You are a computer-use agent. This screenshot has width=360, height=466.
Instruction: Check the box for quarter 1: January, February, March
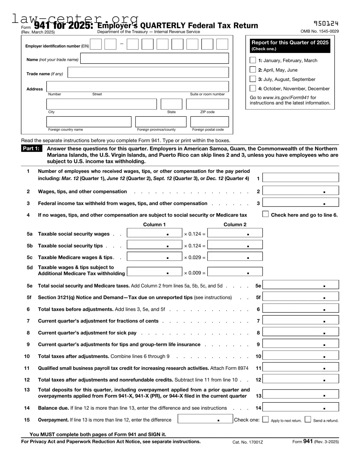[253, 60]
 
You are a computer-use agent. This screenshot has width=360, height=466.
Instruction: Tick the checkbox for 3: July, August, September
[253, 79]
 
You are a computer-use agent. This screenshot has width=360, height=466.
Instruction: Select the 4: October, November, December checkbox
[253, 88]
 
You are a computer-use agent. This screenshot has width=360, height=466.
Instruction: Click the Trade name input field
[148, 73]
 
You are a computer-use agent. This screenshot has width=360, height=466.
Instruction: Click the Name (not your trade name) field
[154, 58]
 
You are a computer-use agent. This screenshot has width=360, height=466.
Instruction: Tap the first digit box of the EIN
[96, 44]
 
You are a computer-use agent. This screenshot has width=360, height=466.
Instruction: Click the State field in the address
[171, 104]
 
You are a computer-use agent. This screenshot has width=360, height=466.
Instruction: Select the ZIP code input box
[207, 104]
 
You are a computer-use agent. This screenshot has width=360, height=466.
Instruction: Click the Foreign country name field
[89, 122]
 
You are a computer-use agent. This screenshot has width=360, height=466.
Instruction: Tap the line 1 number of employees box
[300, 178]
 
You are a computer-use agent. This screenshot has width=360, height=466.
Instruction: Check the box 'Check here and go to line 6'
[265, 214]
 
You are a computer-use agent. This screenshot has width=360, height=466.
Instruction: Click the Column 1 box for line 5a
[154, 233]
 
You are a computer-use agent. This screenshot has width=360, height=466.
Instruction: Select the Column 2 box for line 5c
[235, 256]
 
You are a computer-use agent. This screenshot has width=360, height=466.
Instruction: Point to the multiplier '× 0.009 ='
[195, 273]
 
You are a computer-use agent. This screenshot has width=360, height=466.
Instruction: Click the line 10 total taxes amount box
[300, 356]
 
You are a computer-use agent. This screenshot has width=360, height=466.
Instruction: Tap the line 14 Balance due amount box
[300, 407]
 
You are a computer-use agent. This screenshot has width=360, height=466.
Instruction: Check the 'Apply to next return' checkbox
[265, 419]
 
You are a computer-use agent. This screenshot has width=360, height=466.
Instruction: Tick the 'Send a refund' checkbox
[308, 419]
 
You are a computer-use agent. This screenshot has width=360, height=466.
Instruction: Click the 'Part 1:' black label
[31, 148]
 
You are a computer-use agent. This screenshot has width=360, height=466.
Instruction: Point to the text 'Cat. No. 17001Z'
[248, 442]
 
